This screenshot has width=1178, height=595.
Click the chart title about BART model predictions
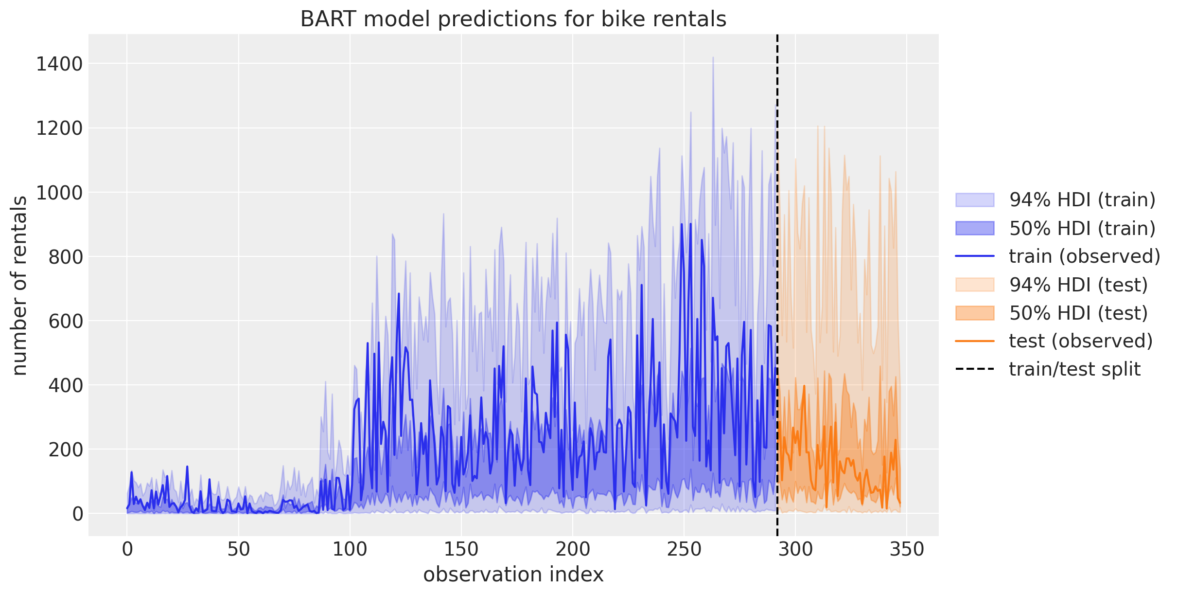click(x=513, y=19)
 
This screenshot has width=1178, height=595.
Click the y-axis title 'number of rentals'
click(x=19, y=286)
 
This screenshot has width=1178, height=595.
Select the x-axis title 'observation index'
click(x=513, y=575)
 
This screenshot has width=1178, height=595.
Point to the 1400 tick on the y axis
click(x=59, y=64)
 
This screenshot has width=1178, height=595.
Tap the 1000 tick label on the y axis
click(x=59, y=193)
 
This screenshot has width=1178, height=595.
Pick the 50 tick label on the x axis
click(x=238, y=550)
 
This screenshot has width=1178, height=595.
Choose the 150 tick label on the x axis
click(x=461, y=550)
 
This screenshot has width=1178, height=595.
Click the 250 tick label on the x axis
click(x=684, y=550)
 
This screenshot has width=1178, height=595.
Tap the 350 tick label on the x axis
click(x=906, y=550)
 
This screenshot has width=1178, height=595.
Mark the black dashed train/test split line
click(x=777, y=292)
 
